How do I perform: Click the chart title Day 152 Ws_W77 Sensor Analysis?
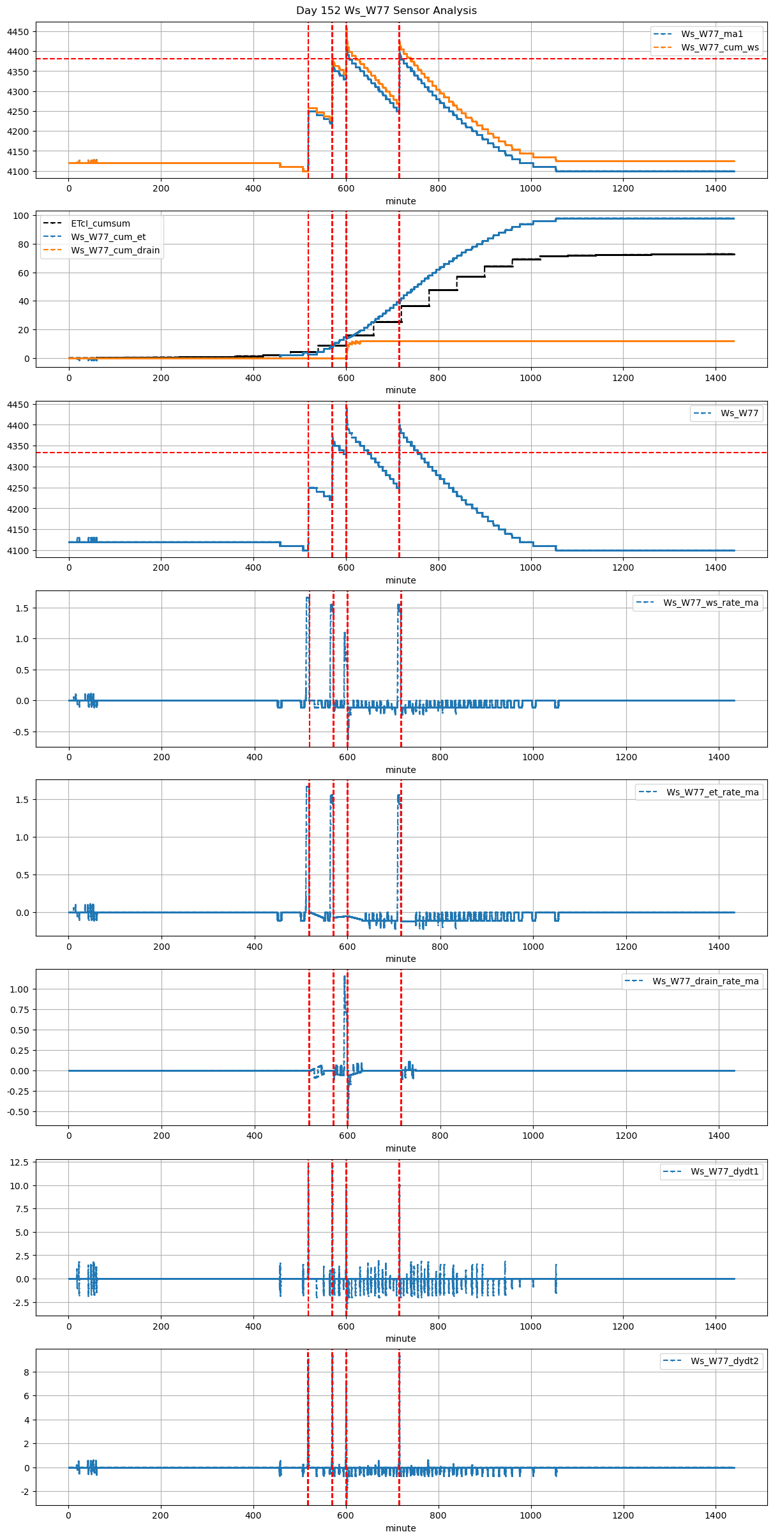point(386,11)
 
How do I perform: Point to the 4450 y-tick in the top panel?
point(18,32)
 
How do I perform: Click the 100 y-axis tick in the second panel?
point(22,216)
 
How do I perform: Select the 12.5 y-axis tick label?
point(20,1162)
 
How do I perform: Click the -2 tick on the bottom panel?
point(24,1492)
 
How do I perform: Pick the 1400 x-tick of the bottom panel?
point(716,1515)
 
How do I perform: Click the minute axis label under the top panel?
point(400,201)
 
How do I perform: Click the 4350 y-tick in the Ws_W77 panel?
point(18,446)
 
